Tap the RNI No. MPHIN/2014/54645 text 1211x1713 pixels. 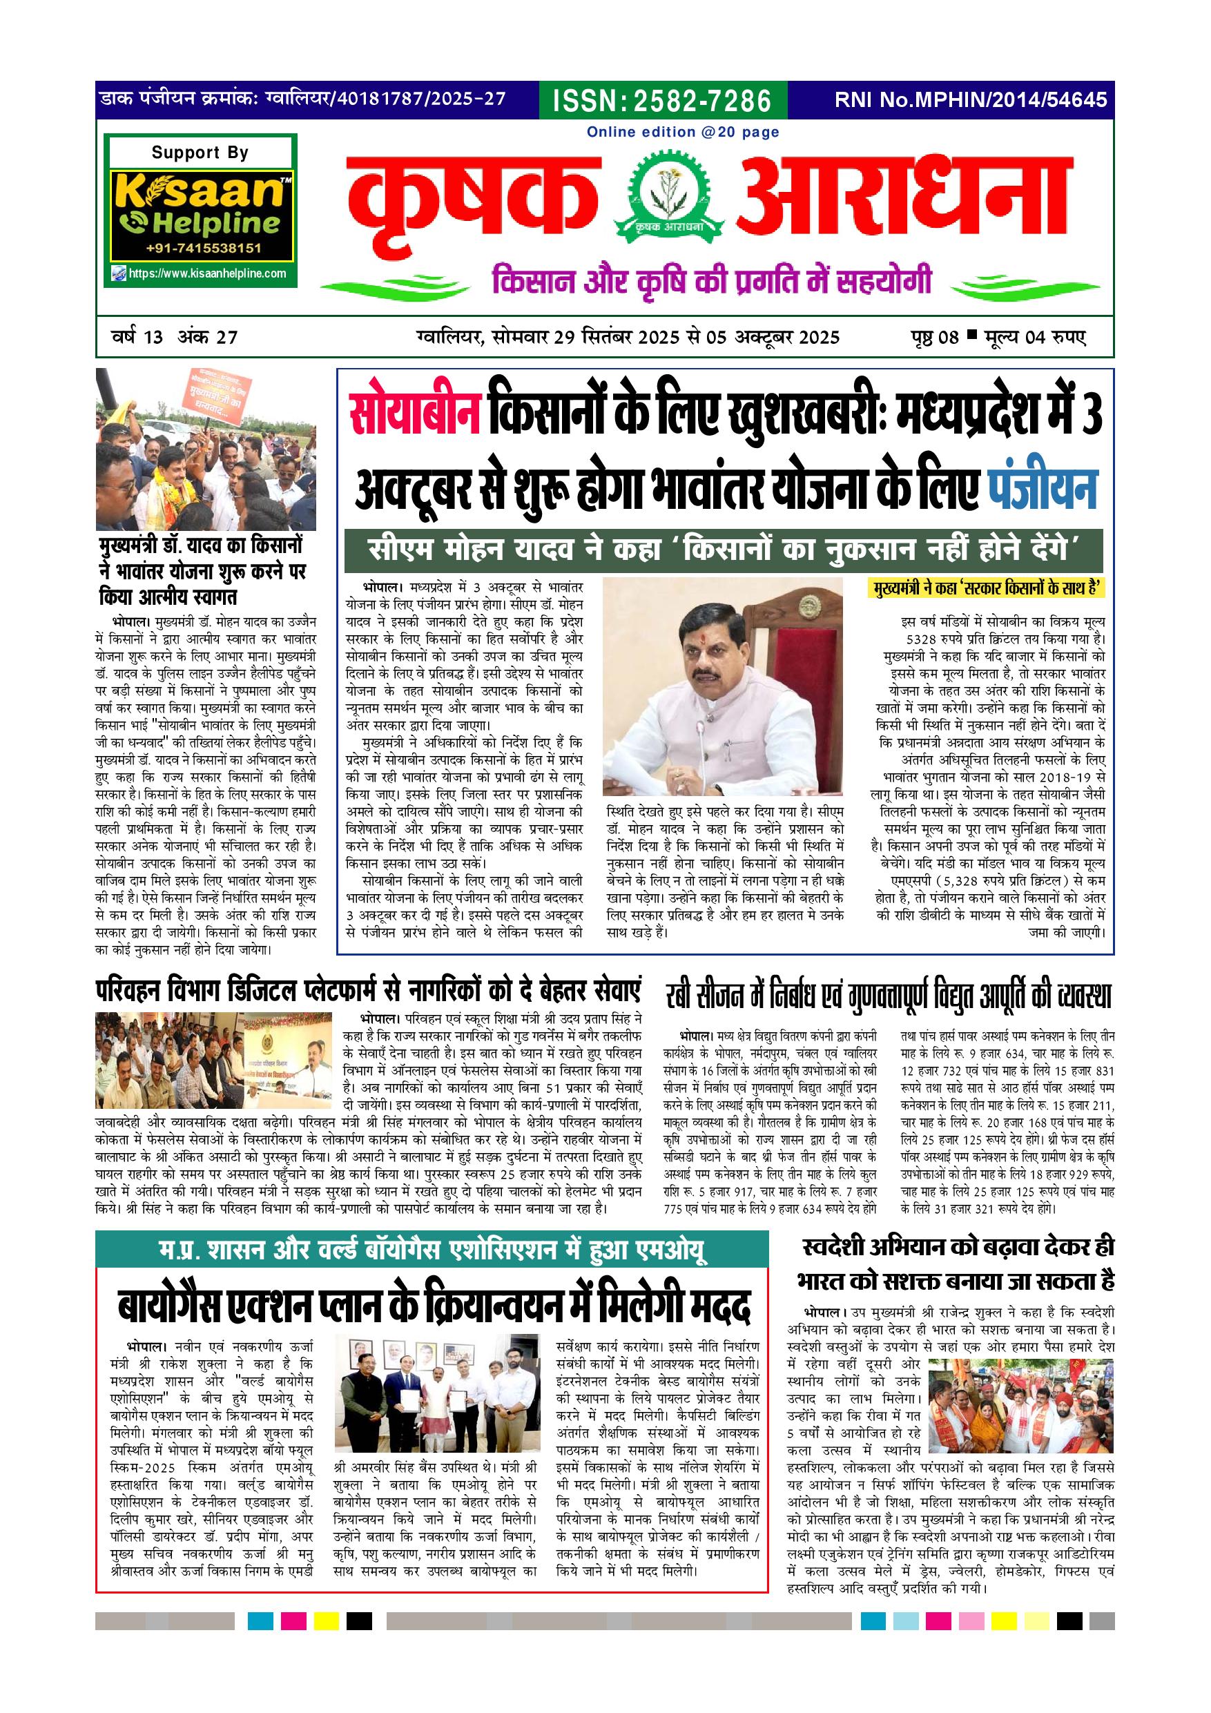tap(971, 100)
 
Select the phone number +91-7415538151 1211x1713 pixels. tap(204, 249)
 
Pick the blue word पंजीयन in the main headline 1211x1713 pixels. tap(1043, 489)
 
